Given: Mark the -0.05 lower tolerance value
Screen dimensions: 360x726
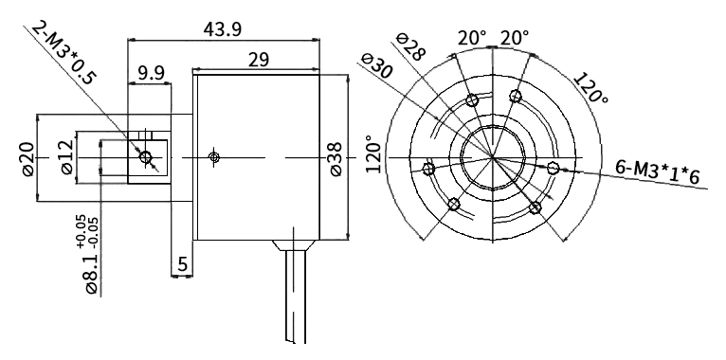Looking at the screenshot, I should [94, 228].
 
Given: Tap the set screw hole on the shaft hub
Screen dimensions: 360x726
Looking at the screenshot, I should [146, 157].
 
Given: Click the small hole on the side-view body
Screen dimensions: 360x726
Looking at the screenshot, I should [215, 155].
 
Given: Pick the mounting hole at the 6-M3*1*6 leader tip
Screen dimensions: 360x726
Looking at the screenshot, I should [554, 168].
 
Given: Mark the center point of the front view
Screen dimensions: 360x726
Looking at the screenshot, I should [493, 156].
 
